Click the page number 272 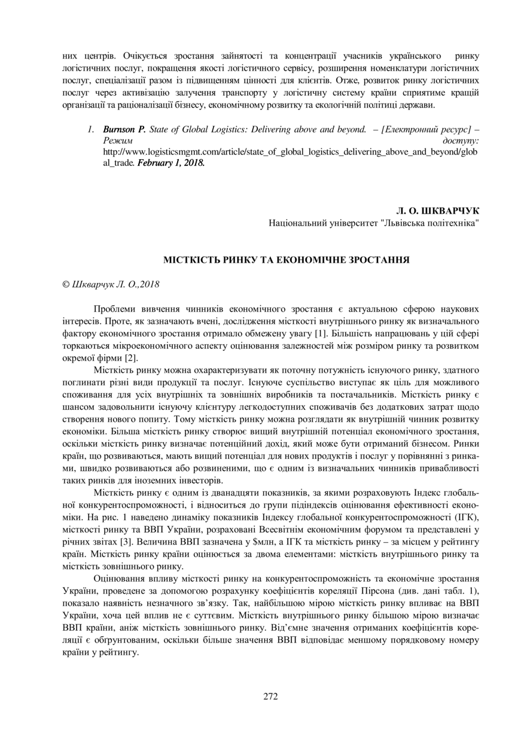(x=270, y=696)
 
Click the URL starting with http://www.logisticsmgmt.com (x=290, y=151)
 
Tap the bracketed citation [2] (x=131, y=358)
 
